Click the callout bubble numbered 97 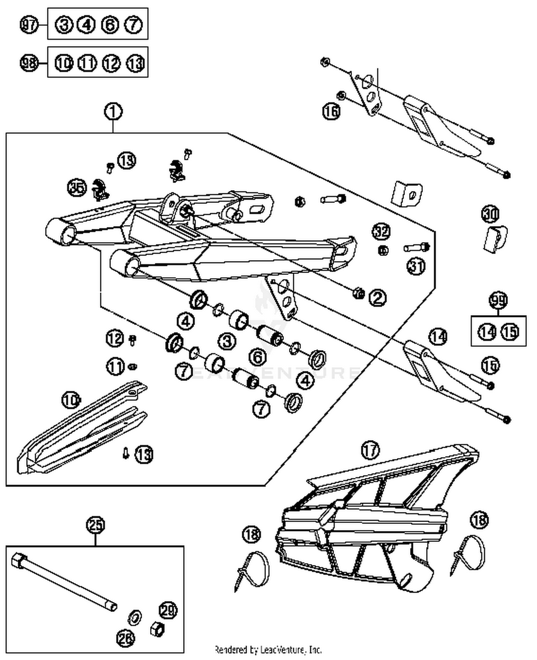pyautogui.click(x=29, y=25)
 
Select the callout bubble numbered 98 pyautogui.click(x=29, y=63)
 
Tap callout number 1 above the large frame pyautogui.click(x=113, y=111)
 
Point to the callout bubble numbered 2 pyautogui.click(x=378, y=298)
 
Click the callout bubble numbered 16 pyautogui.click(x=331, y=111)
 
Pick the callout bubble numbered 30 pyautogui.click(x=490, y=214)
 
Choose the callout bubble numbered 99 pyautogui.click(x=498, y=300)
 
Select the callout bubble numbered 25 pyautogui.click(x=96, y=525)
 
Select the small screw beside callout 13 pyautogui.click(x=126, y=454)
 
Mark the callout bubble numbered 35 pyautogui.click(x=77, y=187)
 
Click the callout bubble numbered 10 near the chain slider pyautogui.click(x=71, y=400)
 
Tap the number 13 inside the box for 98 pyautogui.click(x=135, y=63)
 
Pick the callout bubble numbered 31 pyautogui.click(x=416, y=266)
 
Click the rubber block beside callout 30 pyautogui.click(x=495, y=239)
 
